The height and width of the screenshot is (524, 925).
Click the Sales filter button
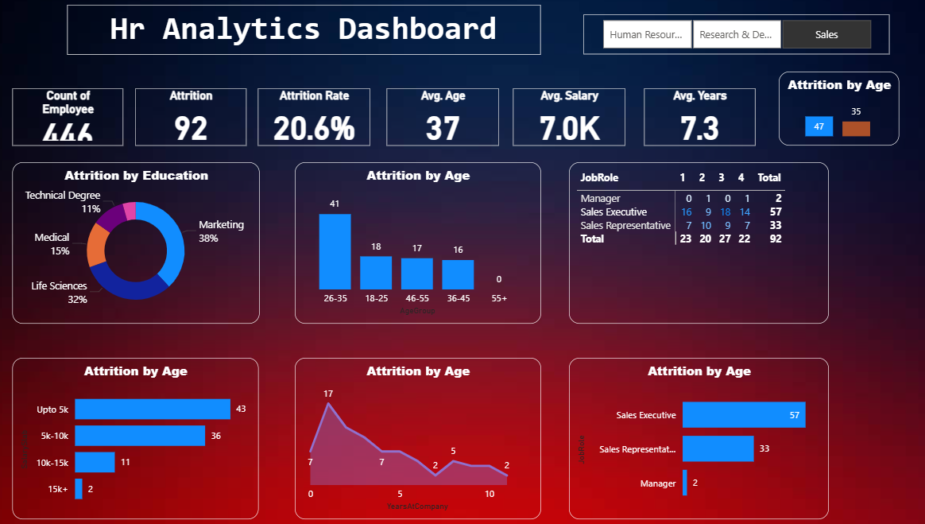pyautogui.click(x=826, y=35)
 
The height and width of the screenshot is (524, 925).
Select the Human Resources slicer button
pyautogui.click(x=647, y=35)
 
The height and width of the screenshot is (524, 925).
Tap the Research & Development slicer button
pyautogui.click(x=737, y=35)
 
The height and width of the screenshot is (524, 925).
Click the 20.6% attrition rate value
pyautogui.click(x=314, y=128)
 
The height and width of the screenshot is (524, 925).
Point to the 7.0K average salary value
pyautogui.click(x=567, y=128)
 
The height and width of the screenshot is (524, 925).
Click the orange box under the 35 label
pyautogui.click(x=856, y=129)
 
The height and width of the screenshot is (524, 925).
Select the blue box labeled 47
pyautogui.click(x=819, y=126)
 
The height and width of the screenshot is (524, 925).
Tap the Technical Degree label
pyautogui.click(x=63, y=195)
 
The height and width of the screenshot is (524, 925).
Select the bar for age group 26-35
pyautogui.click(x=335, y=251)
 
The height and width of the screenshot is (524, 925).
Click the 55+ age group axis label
pyautogui.click(x=499, y=297)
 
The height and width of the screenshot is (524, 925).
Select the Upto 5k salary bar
pyautogui.click(x=152, y=409)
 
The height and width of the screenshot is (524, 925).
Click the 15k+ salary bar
pyautogui.click(x=79, y=489)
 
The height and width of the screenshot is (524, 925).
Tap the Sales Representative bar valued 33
pyautogui.click(x=718, y=448)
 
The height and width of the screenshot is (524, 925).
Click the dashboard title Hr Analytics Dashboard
pyautogui.click(x=304, y=29)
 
